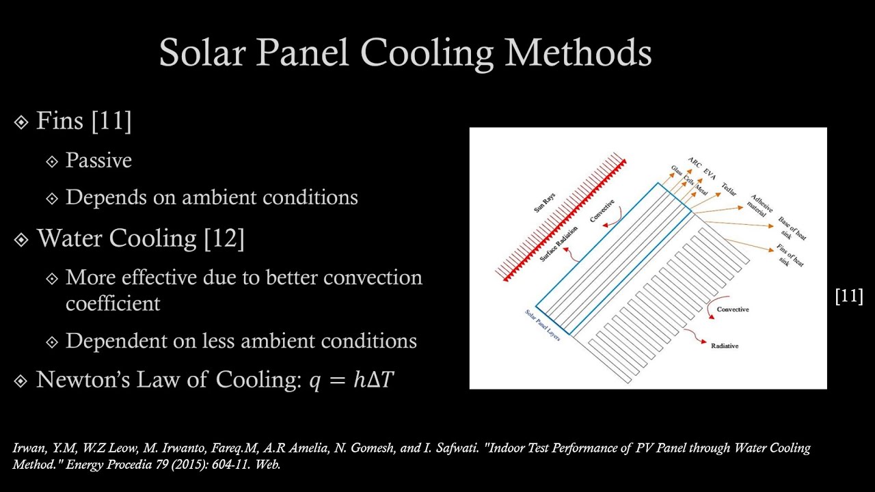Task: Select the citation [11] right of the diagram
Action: coord(849,296)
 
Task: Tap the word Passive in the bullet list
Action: coord(98,161)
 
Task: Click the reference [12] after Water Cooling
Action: coord(224,238)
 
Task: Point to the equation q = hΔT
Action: coord(351,380)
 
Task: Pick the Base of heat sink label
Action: coord(792,229)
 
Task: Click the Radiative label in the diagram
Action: coord(725,346)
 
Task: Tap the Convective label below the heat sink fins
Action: coord(732,310)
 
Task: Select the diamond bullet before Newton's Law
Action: coord(21,381)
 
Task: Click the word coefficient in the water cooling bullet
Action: coord(113,303)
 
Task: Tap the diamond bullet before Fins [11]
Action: coord(21,122)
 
